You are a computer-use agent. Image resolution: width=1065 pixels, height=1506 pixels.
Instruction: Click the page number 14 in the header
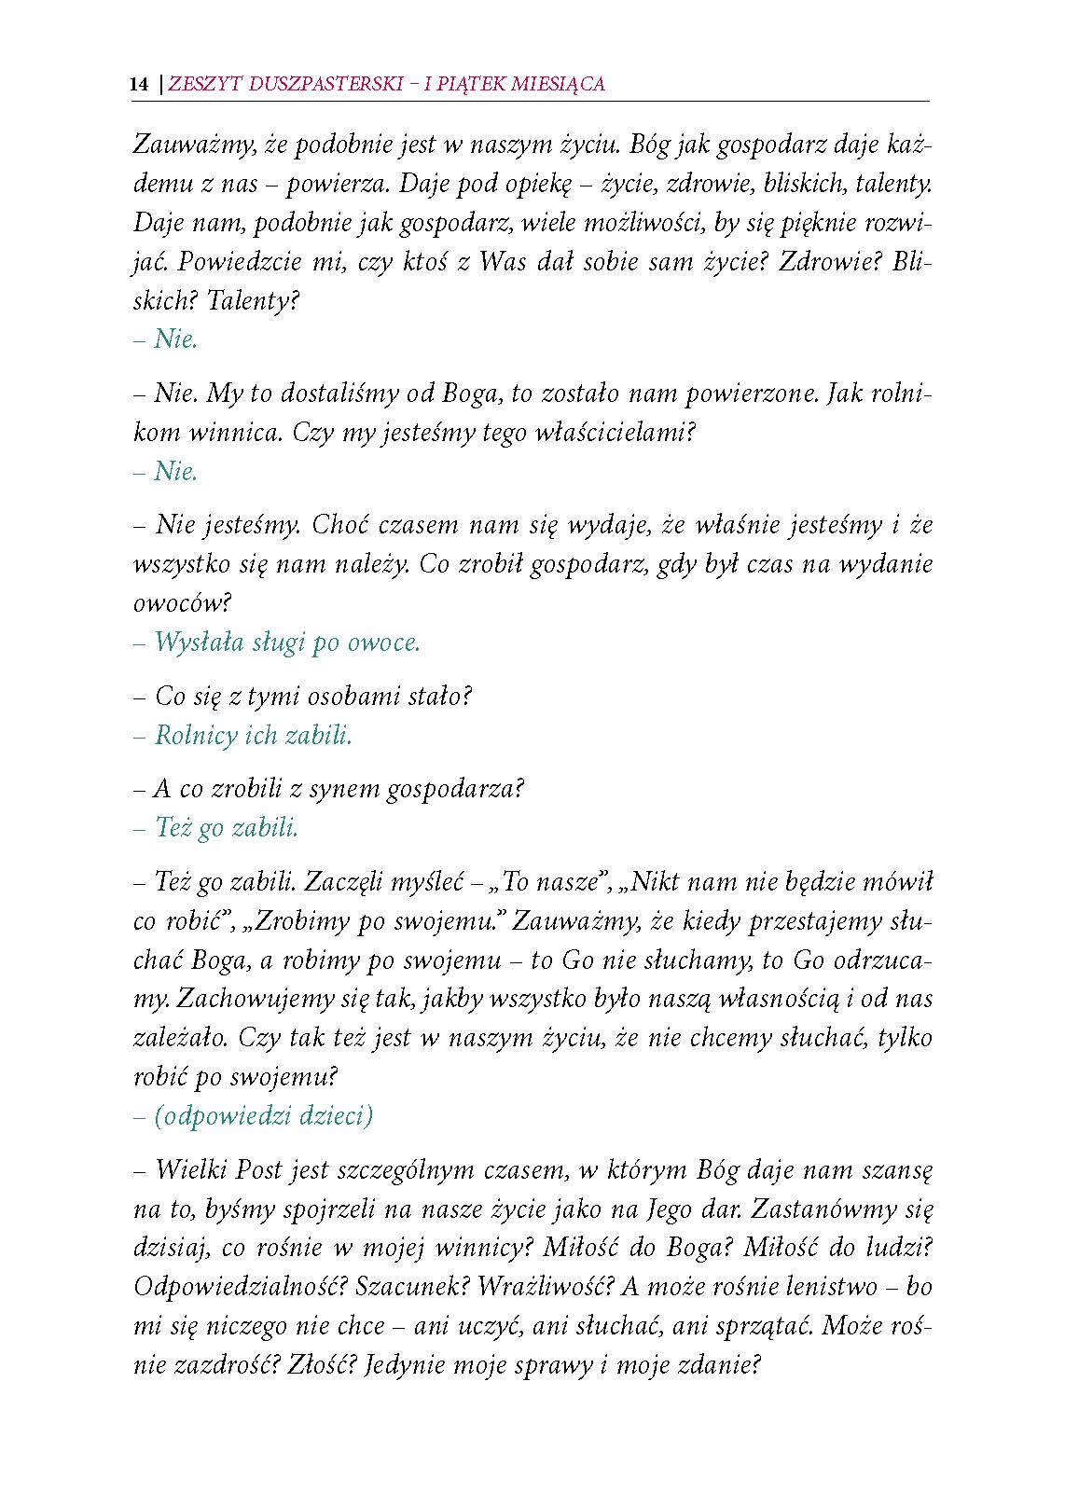pyautogui.click(x=139, y=84)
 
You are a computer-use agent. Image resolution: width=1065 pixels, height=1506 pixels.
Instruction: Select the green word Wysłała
pyautogui.click(x=201, y=642)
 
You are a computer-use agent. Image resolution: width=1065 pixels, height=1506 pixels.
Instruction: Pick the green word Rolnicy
pyautogui.click(x=196, y=735)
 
